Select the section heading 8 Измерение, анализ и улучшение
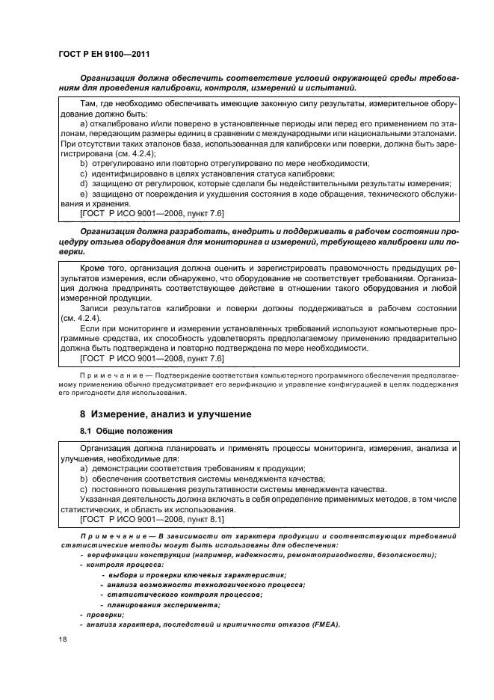click(165, 414)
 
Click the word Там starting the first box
click(88, 104)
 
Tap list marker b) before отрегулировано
click(84, 162)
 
